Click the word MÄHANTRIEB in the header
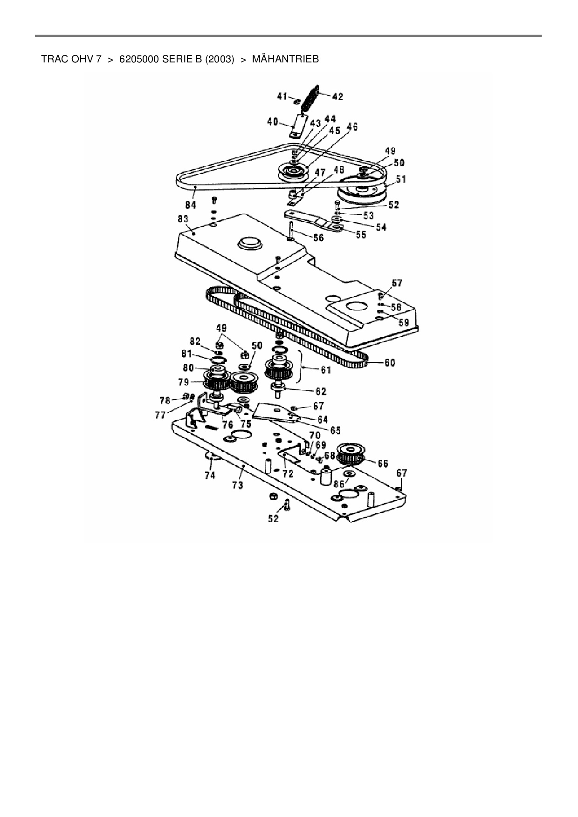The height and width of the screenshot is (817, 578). pos(285,60)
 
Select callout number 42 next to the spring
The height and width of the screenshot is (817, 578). pos(337,96)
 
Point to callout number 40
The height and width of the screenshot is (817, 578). pos(273,122)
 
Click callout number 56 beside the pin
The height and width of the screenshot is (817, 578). pos(318,237)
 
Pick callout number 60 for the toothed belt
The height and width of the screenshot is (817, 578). pos(389,362)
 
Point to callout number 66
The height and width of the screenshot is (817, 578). pos(383,463)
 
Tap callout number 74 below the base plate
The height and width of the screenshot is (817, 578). pos(210,475)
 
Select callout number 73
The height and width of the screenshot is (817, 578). pos(238,485)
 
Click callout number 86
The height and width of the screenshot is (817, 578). pos(339,483)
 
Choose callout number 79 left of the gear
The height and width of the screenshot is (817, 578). pos(184,382)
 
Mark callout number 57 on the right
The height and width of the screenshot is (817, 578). pos(397,283)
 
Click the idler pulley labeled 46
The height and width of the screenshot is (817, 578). pos(292,172)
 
